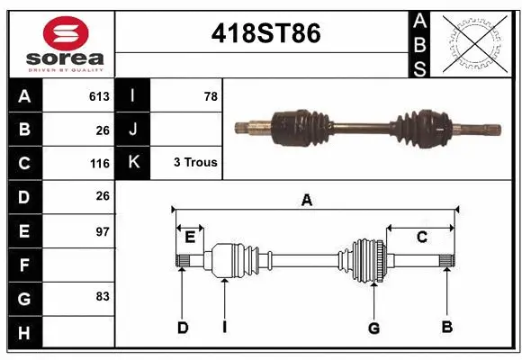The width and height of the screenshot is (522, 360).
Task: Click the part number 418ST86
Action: click(x=265, y=34)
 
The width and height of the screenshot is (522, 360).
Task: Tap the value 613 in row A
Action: click(x=99, y=96)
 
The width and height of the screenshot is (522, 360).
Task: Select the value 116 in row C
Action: click(x=99, y=164)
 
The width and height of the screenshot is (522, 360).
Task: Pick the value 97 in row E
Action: click(x=102, y=231)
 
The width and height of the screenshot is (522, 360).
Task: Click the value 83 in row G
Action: click(x=102, y=296)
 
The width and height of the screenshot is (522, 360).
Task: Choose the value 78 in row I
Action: click(x=210, y=96)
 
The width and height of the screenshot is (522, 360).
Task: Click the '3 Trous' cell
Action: click(x=194, y=163)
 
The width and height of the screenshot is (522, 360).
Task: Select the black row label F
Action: click(x=24, y=265)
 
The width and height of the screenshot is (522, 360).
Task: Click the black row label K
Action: click(x=133, y=163)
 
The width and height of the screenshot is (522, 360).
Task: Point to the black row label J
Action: click(x=133, y=130)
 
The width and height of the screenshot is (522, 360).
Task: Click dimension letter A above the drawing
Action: click(x=307, y=201)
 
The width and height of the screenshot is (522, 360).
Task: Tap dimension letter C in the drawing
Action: click(x=421, y=237)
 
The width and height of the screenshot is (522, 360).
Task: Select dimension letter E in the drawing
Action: click(x=190, y=238)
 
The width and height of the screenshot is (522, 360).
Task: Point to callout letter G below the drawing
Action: click(x=373, y=328)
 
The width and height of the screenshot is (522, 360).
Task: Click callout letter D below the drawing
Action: click(x=182, y=328)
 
